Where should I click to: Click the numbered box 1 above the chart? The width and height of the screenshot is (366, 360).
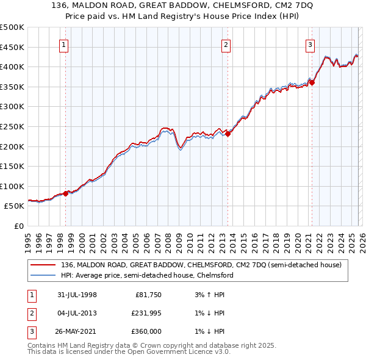pos(64,44)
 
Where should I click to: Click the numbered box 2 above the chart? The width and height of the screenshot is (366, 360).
pos(226,44)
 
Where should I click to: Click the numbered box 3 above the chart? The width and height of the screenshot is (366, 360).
pos(310,44)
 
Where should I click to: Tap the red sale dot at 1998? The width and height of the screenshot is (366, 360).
pos(66,193)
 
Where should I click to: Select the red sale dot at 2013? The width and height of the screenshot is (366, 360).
pos(228,134)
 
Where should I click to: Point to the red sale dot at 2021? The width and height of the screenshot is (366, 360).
pos(312,83)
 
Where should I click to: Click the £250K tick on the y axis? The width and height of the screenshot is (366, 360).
pos(12,126)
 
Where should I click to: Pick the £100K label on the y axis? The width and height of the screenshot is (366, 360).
pos(12,186)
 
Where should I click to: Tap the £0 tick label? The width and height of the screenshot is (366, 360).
pos(18,226)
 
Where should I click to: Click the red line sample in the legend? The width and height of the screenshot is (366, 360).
pos(44,265)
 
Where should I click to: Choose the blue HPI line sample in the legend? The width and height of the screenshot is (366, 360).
pos(44,275)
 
